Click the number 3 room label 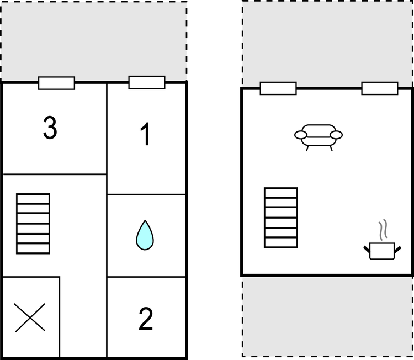(x=50, y=128)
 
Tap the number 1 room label (x=146, y=134)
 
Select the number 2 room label (x=146, y=319)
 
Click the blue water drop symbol (x=145, y=235)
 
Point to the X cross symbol (x=30, y=317)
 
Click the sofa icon (x=319, y=137)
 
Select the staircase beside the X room (x=33, y=224)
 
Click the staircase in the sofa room (x=281, y=218)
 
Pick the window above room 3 (x=56, y=83)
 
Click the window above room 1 (x=147, y=82)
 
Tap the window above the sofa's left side (x=278, y=88)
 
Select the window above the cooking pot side (x=380, y=88)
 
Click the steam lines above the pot (x=383, y=230)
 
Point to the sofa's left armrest (x=301, y=135)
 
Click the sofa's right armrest (x=336, y=135)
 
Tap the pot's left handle (x=367, y=250)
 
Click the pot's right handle (x=397, y=250)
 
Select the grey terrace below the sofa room (x=327, y=316)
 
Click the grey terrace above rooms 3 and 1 (x=94, y=41)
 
